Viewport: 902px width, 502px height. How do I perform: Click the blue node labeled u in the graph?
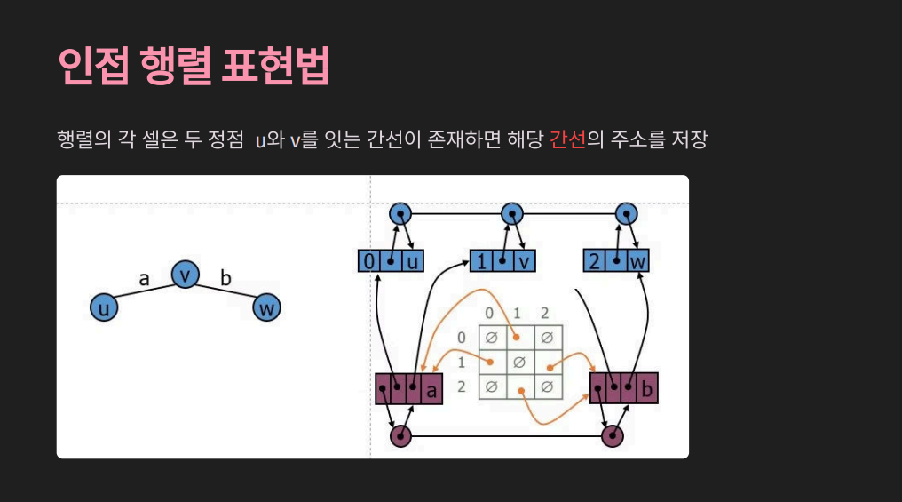tap(104, 308)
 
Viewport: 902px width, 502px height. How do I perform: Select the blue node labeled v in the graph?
tap(184, 275)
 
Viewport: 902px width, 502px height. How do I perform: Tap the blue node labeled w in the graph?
tap(266, 308)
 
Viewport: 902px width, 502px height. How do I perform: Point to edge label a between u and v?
tap(144, 278)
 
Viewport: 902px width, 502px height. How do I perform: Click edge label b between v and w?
tap(225, 278)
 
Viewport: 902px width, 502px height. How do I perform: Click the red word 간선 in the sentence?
tap(567, 140)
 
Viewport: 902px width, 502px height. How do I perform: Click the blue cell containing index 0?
tap(368, 261)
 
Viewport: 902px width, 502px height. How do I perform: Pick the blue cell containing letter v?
tap(524, 261)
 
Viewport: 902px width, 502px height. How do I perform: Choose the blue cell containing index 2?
tap(594, 261)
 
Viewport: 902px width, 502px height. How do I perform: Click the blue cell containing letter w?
tap(637, 261)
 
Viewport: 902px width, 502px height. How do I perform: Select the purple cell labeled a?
tap(432, 388)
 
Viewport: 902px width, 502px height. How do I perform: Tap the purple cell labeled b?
tap(647, 388)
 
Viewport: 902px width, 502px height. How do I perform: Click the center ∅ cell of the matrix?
tap(519, 363)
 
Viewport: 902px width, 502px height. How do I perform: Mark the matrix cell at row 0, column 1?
tap(519, 338)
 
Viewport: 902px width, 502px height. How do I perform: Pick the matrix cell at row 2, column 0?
tap(491, 387)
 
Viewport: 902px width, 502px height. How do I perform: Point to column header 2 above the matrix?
tap(545, 314)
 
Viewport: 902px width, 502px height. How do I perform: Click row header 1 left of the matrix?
tap(462, 363)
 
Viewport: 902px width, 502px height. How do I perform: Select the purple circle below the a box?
tap(401, 436)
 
